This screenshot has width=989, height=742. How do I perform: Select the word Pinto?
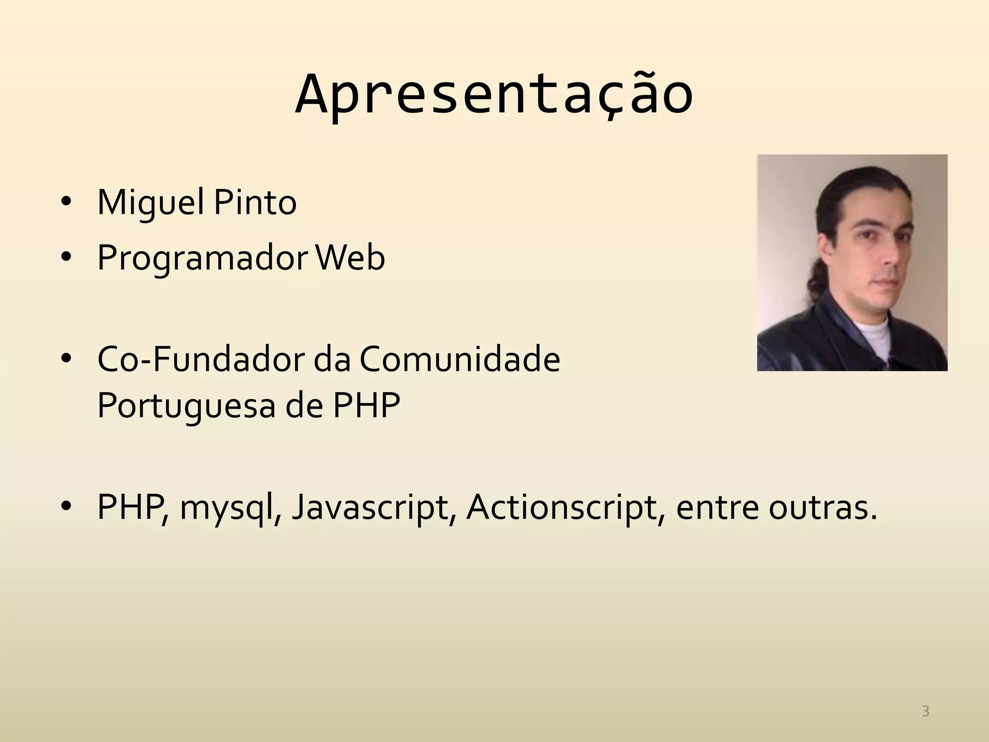pos(254,203)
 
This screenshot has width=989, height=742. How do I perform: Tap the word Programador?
pos(201,258)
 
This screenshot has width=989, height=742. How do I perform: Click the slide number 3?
pos(925,711)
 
